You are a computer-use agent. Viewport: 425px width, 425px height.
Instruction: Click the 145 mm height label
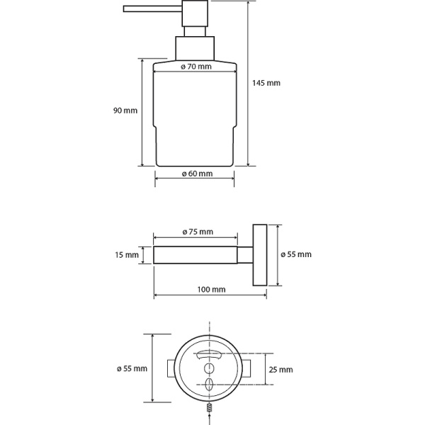pos(266,83)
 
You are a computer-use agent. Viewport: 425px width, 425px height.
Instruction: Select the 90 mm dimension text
pos(125,110)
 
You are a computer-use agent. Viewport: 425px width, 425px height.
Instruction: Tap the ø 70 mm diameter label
pos(196,67)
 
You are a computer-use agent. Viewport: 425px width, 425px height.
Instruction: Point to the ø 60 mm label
pos(196,174)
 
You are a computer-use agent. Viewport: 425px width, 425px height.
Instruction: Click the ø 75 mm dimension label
pos(196,232)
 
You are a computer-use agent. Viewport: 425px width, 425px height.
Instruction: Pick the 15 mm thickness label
pos(127,254)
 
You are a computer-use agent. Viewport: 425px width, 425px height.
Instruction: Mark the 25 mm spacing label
pos(280,369)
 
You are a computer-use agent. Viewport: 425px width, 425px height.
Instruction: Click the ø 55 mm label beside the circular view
pos(132,368)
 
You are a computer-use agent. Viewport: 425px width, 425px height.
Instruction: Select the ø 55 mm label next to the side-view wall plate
pos(296,254)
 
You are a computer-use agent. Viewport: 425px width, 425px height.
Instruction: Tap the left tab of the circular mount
pos(171,369)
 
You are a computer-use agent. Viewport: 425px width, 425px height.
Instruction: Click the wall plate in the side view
pos(260,254)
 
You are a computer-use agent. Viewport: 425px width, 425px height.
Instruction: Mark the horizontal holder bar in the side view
pos(196,254)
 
